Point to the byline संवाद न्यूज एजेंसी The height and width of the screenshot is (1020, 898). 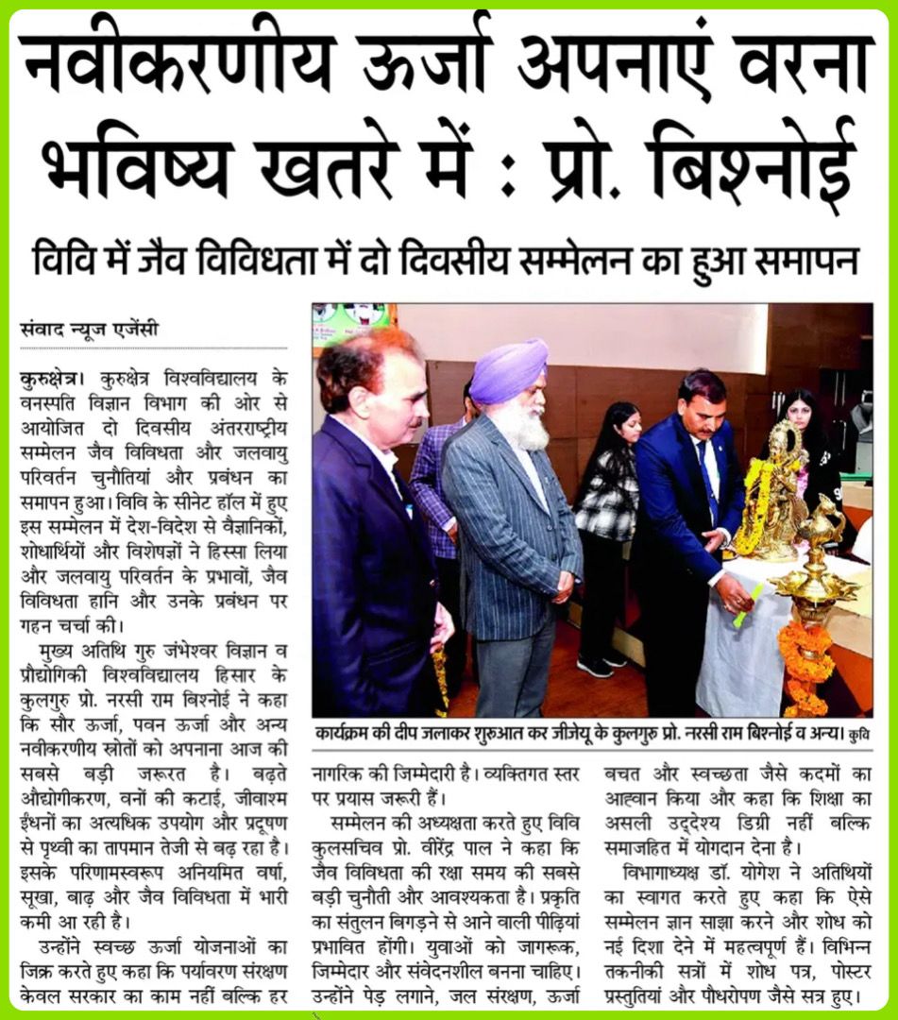89,331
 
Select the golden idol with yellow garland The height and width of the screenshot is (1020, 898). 779,491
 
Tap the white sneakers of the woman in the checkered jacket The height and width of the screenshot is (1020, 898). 604,663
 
